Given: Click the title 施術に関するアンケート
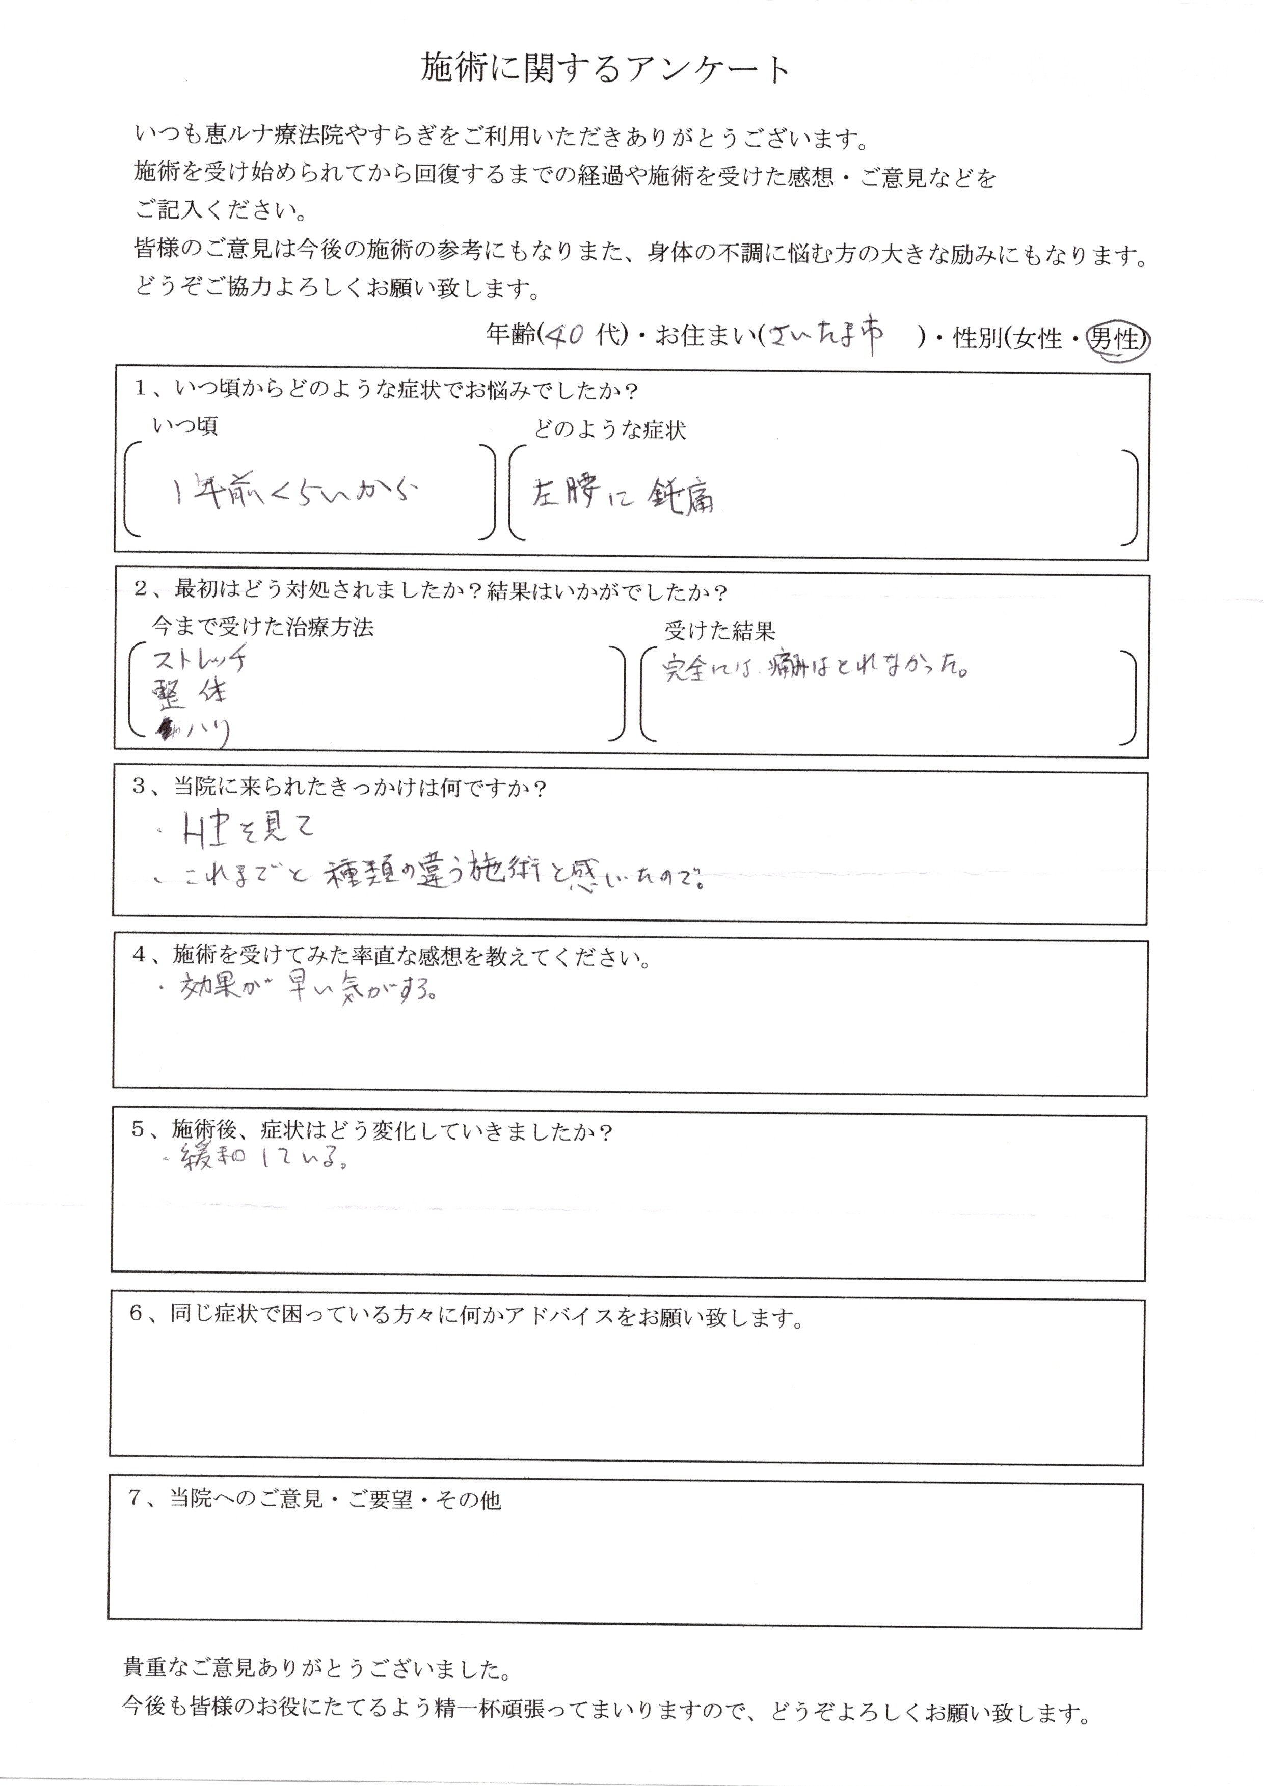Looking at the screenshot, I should [606, 70].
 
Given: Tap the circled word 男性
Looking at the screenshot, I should [1115, 339].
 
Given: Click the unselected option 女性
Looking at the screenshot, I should [1038, 339].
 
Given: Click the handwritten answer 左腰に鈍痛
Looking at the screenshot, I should [623, 495].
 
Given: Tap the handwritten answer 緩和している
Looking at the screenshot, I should [263, 1159].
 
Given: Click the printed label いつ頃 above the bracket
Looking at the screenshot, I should [185, 426].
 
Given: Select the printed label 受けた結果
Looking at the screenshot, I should [719, 630].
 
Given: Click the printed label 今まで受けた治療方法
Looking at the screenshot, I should [262, 627].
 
